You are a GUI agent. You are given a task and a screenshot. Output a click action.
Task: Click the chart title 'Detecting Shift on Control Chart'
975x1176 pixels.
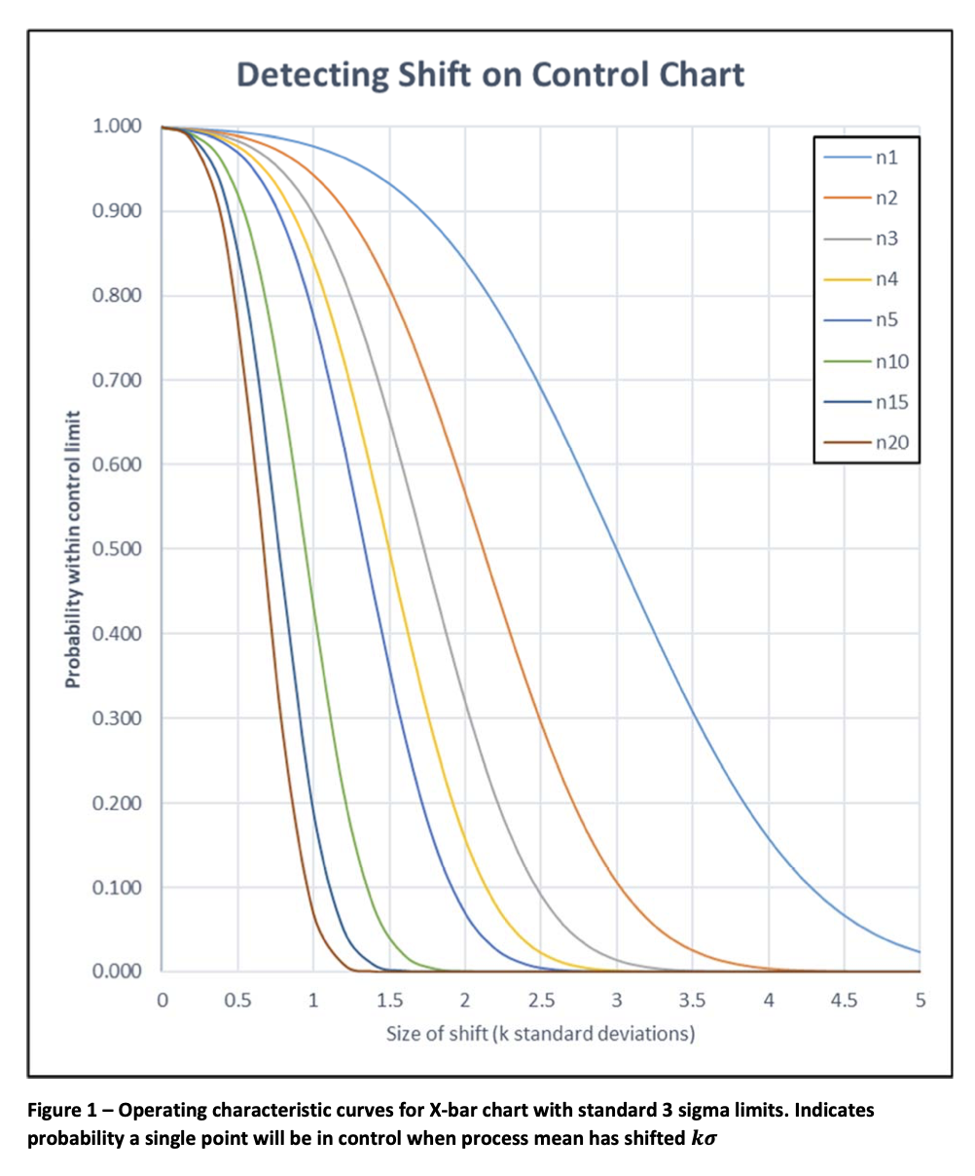[490, 75]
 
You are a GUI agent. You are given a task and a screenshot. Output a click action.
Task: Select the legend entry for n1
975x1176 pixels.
[866, 157]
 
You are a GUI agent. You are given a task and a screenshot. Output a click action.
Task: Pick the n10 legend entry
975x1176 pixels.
[866, 362]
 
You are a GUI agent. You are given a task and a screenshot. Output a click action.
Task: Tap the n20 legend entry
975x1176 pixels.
[866, 444]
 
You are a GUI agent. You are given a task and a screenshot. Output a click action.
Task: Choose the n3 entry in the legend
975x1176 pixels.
[866, 239]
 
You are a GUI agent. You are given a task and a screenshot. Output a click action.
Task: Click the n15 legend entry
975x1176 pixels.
[866, 403]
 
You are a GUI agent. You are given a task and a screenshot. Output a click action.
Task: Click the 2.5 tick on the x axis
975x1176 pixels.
[541, 1000]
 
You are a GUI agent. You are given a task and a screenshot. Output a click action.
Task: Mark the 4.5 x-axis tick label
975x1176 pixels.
[844, 1000]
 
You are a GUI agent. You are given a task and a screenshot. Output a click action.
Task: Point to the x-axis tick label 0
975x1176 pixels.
[162, 1000]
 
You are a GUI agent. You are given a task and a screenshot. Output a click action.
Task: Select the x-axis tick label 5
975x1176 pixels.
[920, 1000]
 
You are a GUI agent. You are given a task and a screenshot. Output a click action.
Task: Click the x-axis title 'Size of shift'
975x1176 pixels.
[540, 1034]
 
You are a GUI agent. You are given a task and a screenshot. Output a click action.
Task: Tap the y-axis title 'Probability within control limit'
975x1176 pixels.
[73, 549]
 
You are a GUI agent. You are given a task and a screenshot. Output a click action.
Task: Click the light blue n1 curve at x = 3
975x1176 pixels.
[617, 549]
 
